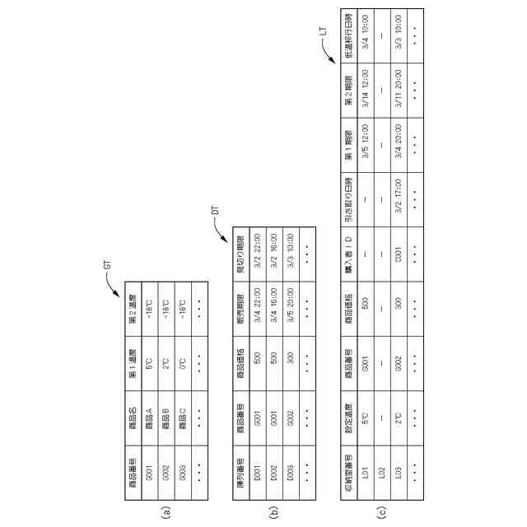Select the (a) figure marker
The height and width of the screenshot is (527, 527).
coord(167,511)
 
